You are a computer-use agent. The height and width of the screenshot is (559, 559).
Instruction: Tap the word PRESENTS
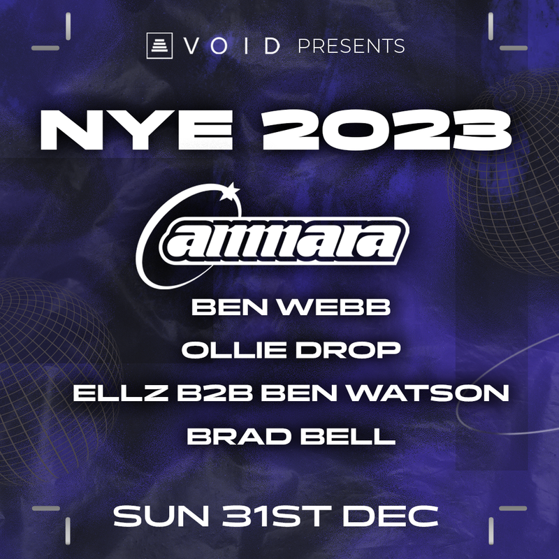(x=351, y=47)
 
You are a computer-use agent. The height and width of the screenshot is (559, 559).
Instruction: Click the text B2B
(x=192, y=393)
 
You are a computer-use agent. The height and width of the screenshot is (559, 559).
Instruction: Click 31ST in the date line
(x=277, y=517)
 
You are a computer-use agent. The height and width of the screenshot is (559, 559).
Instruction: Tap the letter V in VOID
(x=191, y=47)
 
